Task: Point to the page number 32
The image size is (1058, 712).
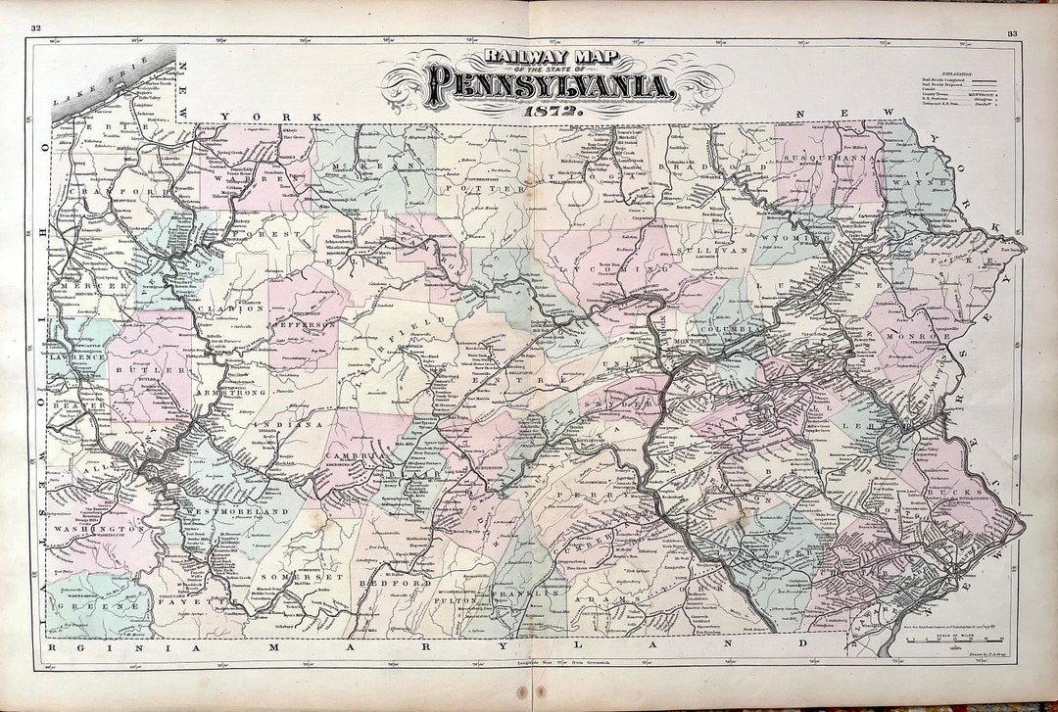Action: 36,28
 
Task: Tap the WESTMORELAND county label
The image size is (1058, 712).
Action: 245,511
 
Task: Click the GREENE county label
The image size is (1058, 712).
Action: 94,606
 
